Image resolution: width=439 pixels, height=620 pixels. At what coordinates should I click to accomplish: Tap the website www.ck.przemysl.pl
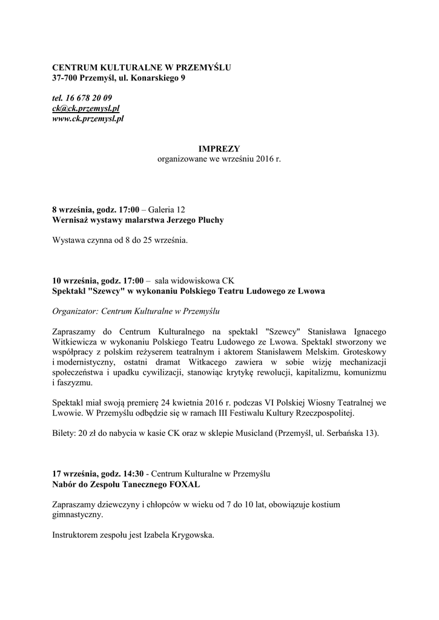[x=88, y=119]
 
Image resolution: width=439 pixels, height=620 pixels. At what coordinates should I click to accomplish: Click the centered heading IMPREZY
[x=219, y=148]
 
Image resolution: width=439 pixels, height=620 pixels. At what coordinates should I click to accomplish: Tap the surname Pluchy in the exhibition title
[x=208, y=220]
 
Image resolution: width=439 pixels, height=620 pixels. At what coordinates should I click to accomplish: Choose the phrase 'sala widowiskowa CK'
[x=194, y=281]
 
